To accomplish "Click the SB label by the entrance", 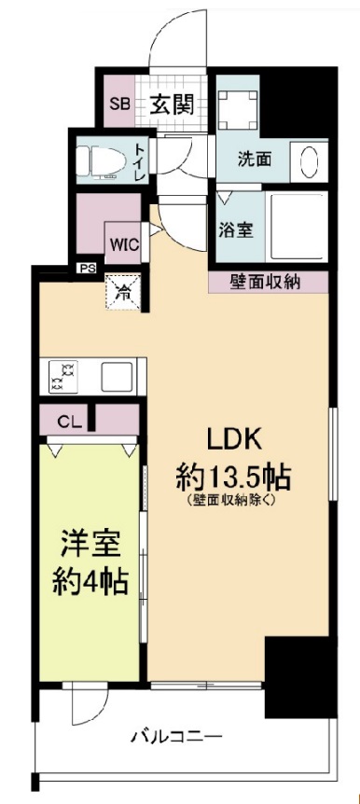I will coord(119,104).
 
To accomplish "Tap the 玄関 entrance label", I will coord(172,104).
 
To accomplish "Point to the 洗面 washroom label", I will coord(253,159).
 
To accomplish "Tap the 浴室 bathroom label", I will coord(233,229).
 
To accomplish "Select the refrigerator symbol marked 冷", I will coord(122,290).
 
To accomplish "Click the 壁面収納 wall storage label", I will coord(267,281).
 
